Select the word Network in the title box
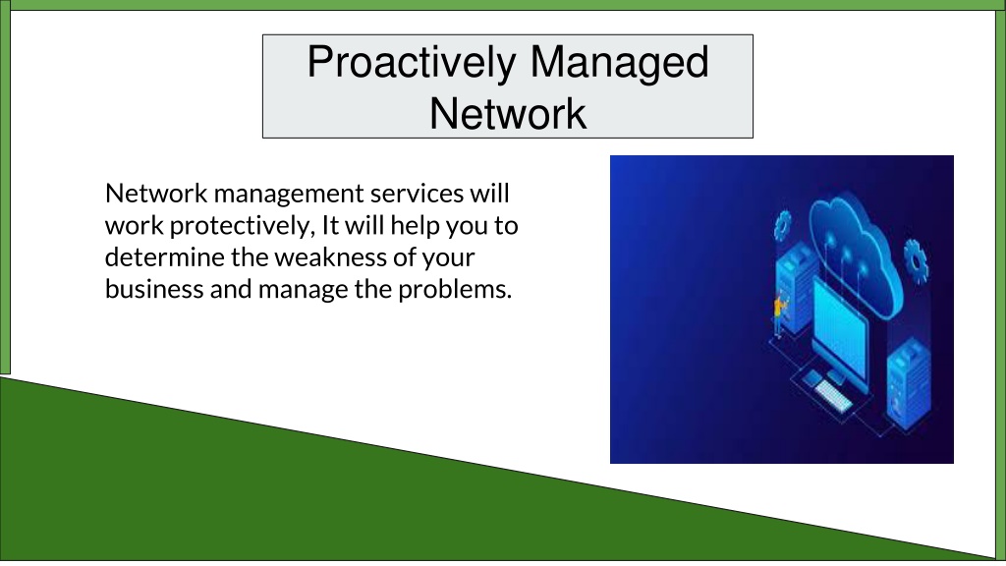pos(508,114)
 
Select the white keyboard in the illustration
pos(832,395)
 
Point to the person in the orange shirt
pos(779,314)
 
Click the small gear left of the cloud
pos(782,226)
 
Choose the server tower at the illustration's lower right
pos(909,384)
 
